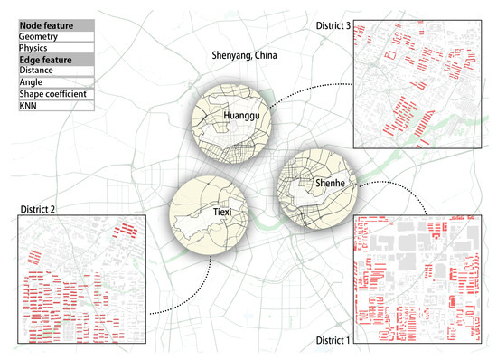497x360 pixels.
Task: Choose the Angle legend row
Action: [30, 82]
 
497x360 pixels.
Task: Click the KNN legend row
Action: [28, 106]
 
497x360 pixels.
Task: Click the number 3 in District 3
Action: [349, 24]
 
